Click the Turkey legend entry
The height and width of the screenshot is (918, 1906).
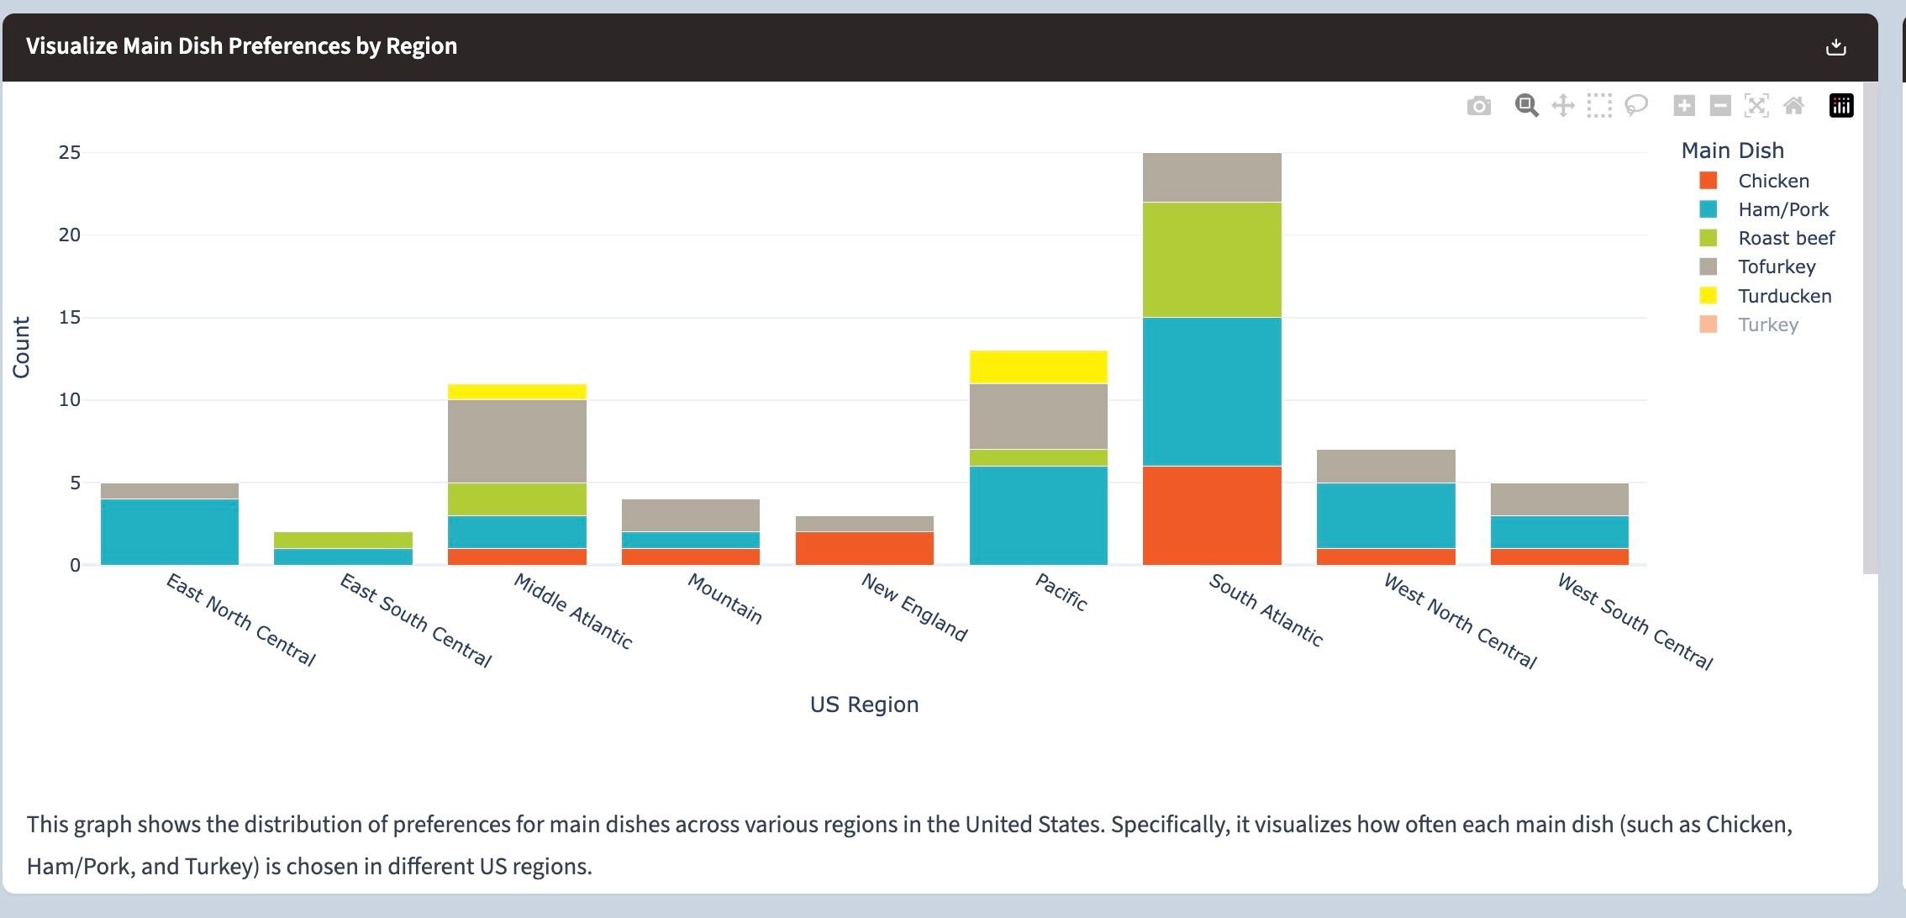point(1767,324)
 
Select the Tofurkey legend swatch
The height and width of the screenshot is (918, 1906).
point(1708,266)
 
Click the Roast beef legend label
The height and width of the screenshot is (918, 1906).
point(1786,238)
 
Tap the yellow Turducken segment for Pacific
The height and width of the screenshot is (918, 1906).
point(1038,367)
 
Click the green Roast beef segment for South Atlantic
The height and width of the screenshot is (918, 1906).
point(1212,259)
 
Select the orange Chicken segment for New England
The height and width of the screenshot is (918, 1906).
point(864,548)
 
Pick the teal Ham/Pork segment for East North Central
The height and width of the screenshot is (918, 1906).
point(169,531)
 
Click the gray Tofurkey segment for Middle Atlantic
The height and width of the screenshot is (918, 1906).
point(517,441)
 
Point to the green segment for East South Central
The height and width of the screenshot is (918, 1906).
point(343,540)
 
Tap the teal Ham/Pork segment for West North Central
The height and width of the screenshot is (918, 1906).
point(1386,514)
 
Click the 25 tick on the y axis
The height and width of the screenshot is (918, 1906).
point(70,152)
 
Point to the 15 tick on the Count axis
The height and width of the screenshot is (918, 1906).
point(70,317)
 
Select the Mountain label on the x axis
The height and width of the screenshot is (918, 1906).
point(724,599)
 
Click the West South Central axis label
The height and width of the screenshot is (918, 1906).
point(1635,621)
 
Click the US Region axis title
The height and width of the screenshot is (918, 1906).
point(864,704)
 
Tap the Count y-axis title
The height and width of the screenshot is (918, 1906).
point(21,347)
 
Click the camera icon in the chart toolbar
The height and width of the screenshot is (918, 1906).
point(1478,106)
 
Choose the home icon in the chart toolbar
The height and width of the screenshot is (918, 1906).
point(1793,106)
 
